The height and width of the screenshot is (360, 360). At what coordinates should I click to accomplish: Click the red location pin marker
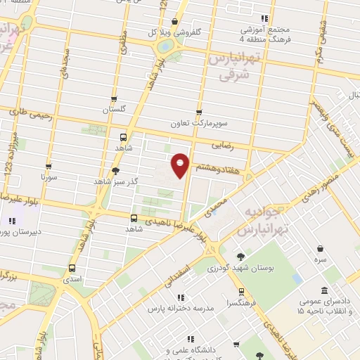click(x=181, y=165)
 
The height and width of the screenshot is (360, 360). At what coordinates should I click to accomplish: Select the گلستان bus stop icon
click(x=114, y=99)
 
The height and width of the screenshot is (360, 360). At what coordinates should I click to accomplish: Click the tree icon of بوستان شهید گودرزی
click(x=241, y=257)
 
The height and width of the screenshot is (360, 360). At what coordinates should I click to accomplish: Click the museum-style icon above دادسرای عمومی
click(x=324, y=291)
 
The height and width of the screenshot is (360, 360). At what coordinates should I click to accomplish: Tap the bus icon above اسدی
click(x=72, y=268)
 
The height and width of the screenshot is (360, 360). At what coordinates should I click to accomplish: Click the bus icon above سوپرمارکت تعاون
click(x=199, y=112)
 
